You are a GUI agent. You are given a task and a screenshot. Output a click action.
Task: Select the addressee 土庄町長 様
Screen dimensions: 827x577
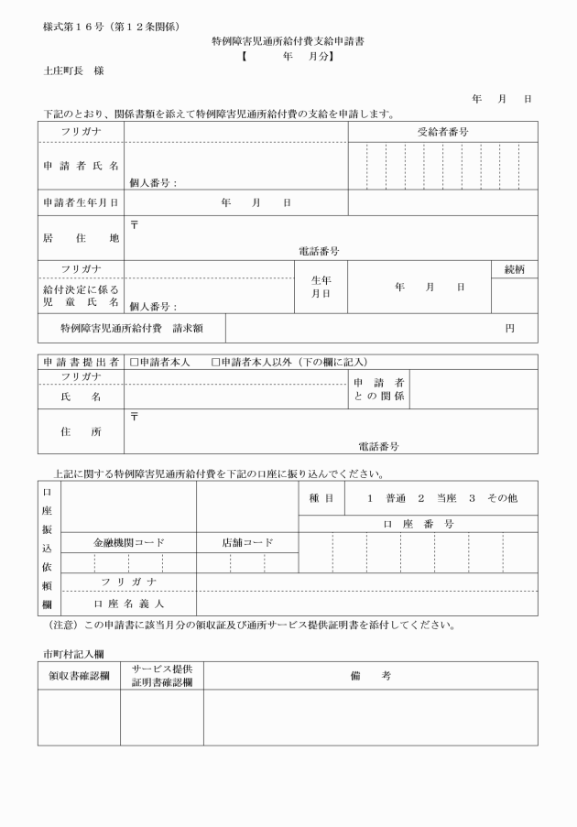(72, 70)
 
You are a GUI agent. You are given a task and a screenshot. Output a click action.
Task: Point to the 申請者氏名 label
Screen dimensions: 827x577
(81, 166)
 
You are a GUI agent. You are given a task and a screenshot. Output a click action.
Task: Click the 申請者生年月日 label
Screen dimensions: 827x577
(81, 202)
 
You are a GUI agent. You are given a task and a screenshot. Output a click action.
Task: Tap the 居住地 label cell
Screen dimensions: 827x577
(81, 238)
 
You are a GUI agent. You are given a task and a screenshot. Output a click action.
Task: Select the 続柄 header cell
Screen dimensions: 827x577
(515, 269)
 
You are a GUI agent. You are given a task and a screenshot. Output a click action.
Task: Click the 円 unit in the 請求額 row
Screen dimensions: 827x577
(510, 328)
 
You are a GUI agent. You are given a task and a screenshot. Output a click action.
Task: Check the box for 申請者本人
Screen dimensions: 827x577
(134, 362)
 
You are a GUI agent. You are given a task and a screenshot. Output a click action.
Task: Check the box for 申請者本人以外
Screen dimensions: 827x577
(216, 362)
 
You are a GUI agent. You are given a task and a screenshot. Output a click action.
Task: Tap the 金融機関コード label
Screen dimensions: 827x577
(129, 542)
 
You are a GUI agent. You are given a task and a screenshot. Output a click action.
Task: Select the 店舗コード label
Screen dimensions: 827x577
(247, 542)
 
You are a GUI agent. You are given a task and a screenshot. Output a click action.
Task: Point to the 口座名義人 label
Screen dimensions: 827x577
(129, 604)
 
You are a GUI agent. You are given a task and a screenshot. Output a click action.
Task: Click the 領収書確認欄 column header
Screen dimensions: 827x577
(79, 675)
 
